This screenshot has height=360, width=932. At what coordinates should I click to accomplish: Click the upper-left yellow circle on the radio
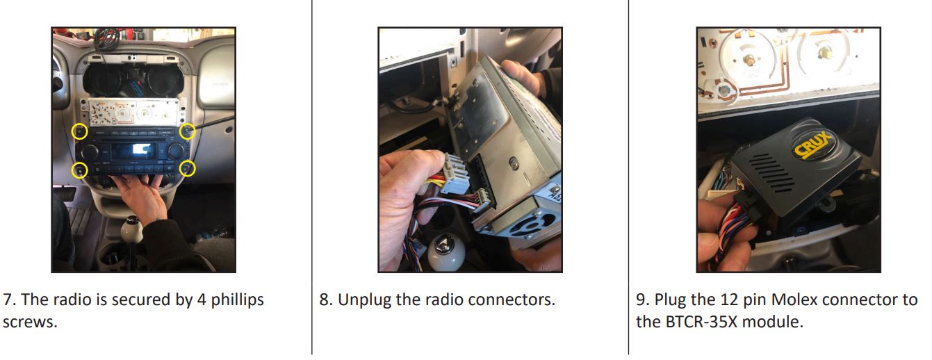[x=81, y=131]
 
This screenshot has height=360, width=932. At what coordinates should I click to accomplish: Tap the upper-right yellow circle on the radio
[x=187, y=131]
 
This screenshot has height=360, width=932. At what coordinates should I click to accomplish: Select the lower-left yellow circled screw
[x=81, y=169]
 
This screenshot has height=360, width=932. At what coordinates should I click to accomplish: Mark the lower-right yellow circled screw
[x=188, y=168]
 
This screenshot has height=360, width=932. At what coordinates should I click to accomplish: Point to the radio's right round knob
[x=175, y=151]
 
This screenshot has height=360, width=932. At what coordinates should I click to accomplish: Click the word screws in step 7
[x=25, y=322]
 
